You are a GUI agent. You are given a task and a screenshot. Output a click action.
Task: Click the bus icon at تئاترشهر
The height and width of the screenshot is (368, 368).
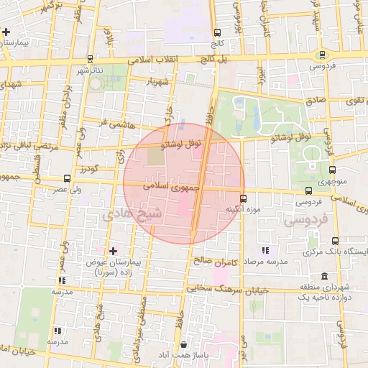click(91, 58)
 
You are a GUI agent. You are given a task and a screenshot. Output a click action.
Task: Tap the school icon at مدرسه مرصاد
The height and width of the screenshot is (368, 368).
click(265, 250)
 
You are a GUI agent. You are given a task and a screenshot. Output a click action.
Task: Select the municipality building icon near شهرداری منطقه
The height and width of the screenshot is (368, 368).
click(324, 277)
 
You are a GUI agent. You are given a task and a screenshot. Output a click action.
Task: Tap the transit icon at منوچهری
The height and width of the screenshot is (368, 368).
click(332, 170)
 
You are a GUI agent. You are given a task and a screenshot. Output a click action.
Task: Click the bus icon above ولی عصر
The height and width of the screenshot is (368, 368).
click(67, 178)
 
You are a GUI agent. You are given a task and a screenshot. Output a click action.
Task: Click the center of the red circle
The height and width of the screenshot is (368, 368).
click(184, 183)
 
